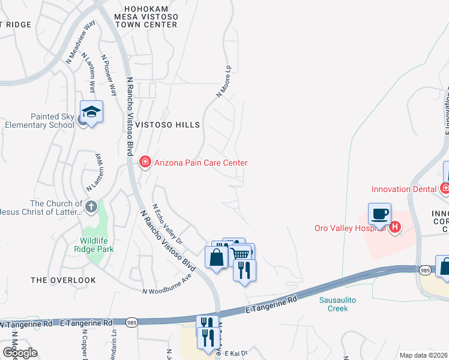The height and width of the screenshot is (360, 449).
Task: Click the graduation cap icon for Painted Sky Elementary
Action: (91, 112)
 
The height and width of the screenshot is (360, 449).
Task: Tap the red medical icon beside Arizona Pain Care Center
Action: (145, 163)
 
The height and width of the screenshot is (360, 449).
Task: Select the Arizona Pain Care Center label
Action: (200, 163)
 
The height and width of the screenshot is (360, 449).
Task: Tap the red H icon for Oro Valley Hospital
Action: (395, 227)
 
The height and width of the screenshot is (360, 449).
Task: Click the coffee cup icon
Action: (379, 214)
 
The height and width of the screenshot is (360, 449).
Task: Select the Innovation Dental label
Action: (403, 189)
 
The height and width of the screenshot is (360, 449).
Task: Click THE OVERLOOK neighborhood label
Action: (63, 280)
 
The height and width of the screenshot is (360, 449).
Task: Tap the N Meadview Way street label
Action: (81, 43)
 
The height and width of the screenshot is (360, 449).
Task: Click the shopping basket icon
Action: (241, 254)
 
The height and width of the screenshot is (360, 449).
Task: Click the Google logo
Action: (19, 353)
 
